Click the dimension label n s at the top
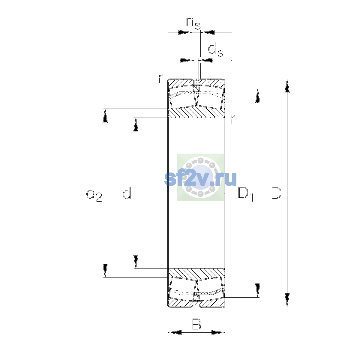point(193,23)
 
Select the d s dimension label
point(216,49)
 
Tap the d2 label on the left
point(94,194)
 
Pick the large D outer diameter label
point(276,193)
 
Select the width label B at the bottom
point(196,325)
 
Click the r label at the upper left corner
point(160,79)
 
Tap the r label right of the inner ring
point(232,119)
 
